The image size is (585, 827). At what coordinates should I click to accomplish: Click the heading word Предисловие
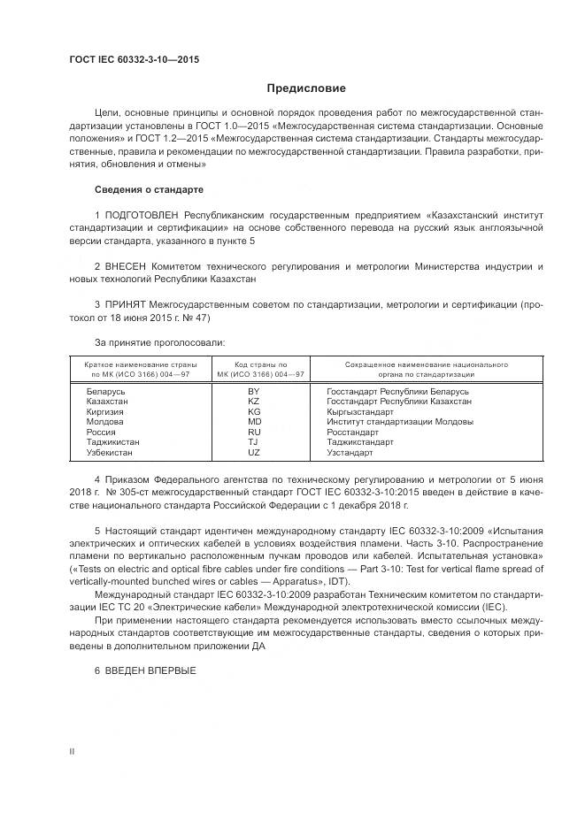point(306,88)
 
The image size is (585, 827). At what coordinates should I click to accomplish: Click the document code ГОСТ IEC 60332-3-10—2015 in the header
point(134,59)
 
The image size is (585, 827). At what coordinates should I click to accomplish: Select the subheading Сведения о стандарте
point(149,190)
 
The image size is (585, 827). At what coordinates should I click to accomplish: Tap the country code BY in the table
point(254,391)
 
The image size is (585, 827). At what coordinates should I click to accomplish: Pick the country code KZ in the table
point(254,402)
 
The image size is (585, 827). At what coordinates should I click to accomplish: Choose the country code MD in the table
point(254,422)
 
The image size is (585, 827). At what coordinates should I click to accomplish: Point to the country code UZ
point(254,453)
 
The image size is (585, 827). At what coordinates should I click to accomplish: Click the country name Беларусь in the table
point(106,391)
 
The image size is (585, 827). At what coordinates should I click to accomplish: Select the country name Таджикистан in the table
point(113,442)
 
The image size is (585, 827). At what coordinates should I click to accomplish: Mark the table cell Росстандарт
point(352,433)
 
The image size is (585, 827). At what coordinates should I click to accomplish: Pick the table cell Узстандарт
point(350,453)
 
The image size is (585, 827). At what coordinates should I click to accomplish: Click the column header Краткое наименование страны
point(141,364)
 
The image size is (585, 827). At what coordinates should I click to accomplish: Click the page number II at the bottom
point(73,751)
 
